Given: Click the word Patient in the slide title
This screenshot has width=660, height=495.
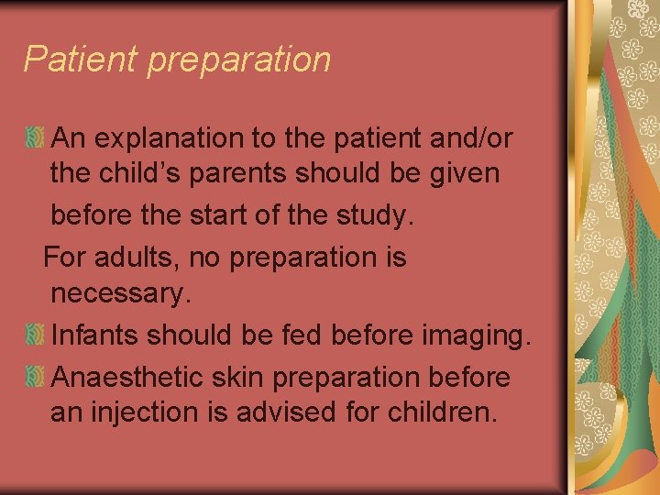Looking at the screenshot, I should pos(80,60).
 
